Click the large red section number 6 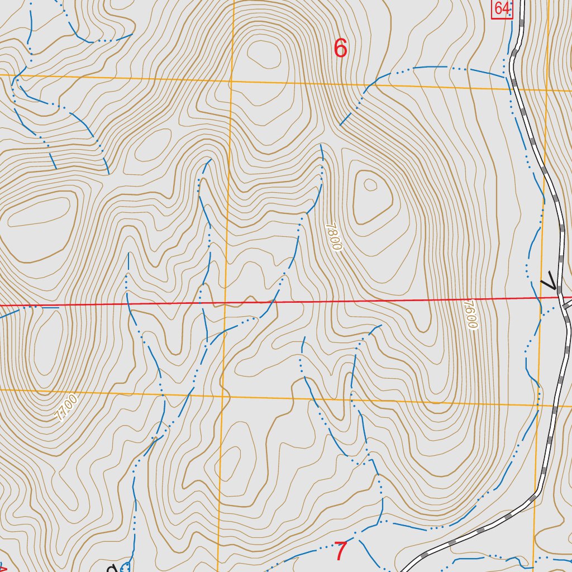click(340, 49)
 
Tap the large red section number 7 click(341, 551)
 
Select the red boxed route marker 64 click(502, 8)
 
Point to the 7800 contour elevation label click(333, 237)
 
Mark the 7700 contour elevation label click(66, 408)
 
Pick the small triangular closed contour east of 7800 click(370, 184)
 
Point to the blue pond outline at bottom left click(125, 567)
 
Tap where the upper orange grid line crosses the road click(513, 88)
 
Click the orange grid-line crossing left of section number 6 click(230, 82)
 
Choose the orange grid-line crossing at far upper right click(547, 90)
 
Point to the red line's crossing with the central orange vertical click(225, 304)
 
